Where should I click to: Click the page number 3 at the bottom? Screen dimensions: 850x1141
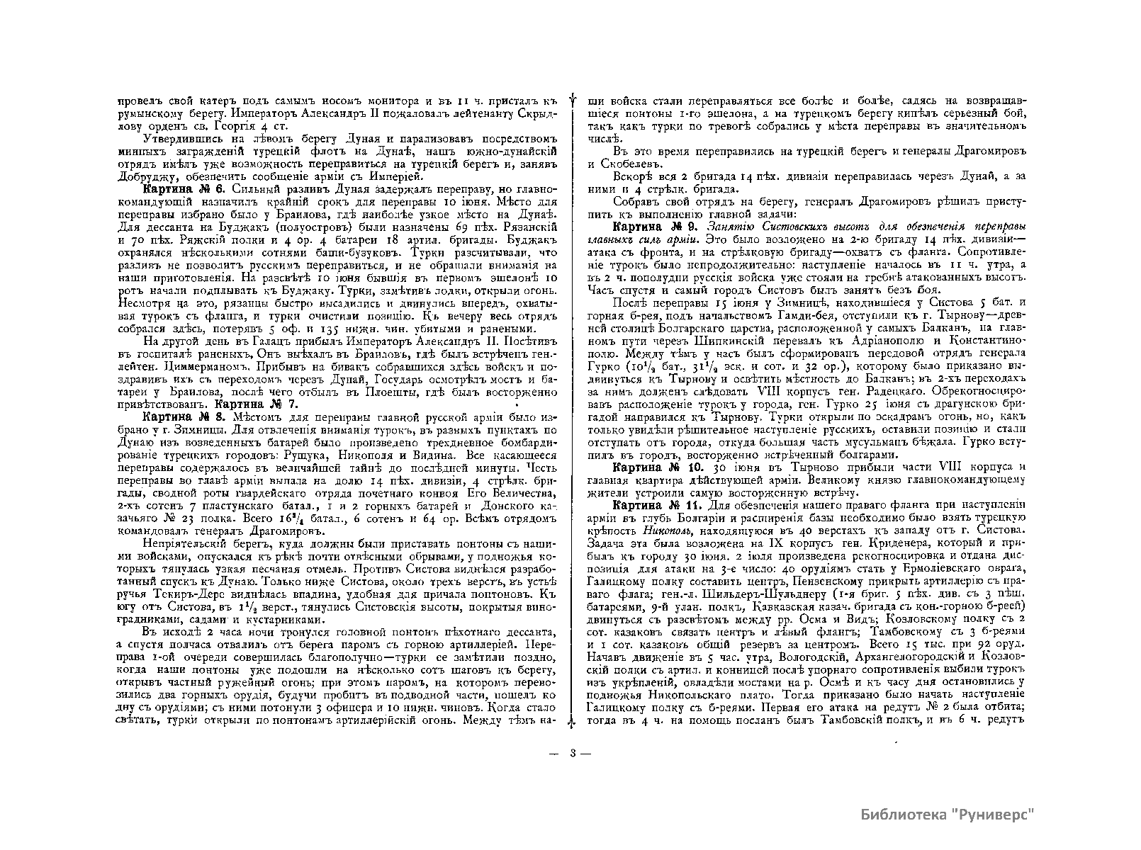pos(571,753)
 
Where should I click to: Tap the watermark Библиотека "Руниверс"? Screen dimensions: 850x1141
pos(948,813)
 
